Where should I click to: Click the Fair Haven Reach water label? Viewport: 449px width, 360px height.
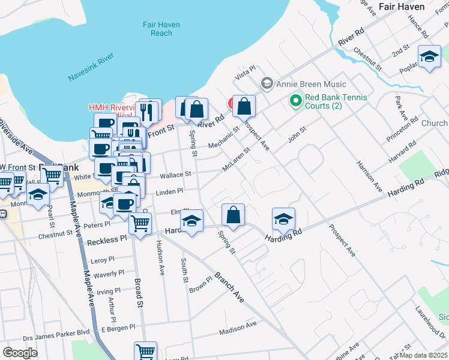pos(157,29)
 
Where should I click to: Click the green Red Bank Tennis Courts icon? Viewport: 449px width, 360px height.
pos(295,101)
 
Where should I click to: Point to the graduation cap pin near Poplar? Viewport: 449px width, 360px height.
pos(429,57)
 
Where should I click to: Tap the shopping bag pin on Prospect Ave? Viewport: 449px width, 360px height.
pos(244,107)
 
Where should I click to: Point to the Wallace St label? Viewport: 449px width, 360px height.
pos(175,175)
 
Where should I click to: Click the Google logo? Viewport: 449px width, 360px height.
pos(20,352)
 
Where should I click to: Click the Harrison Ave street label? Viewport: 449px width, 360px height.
pos(369,175)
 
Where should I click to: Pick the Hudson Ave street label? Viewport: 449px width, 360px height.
pos(160,258)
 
